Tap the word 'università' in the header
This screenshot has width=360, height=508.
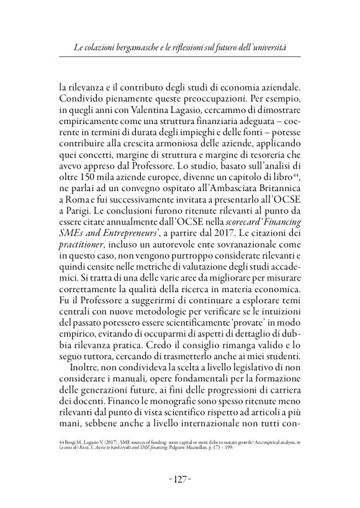282,47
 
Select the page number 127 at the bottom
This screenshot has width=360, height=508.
179,463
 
